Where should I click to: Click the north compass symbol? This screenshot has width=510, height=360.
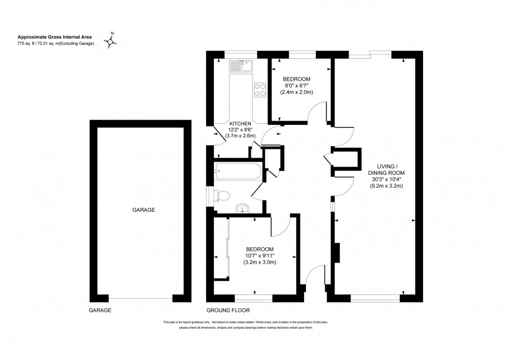(111, 40)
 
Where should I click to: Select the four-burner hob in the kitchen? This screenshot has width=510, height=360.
(260, 89)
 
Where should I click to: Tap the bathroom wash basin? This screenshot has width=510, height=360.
(243, 209)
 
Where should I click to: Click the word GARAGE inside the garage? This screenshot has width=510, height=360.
(144, 210)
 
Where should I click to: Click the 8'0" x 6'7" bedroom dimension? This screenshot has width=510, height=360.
(298, 85)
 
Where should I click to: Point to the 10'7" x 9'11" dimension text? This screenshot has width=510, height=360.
(260, 255)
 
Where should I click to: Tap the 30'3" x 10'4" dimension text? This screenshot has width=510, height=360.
(387, 179)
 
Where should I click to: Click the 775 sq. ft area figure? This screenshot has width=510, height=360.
(29, 43)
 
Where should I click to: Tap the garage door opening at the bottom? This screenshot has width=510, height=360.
(141, 299)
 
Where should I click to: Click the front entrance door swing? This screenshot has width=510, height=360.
(313, 275)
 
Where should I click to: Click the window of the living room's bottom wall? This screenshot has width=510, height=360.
(375, 299)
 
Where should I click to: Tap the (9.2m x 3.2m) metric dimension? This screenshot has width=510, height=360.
(387, 186)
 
